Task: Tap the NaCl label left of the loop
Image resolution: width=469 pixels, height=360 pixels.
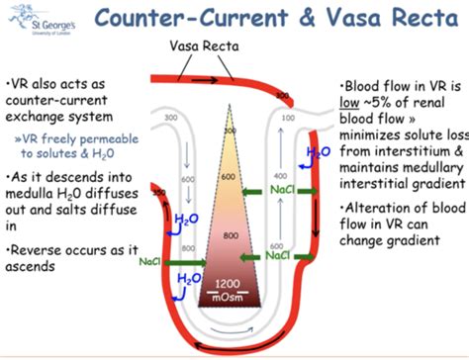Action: coord(151,263)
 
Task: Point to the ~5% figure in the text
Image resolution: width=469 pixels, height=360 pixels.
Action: coord(388,107)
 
